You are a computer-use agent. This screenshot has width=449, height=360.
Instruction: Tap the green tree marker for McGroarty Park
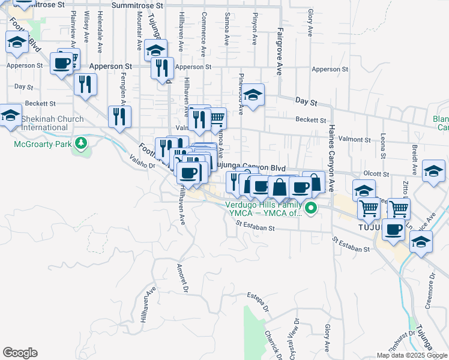[x=79, y=143]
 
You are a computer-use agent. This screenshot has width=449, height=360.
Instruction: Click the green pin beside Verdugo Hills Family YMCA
[x=310, y=208]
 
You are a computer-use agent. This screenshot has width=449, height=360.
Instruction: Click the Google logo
[x=20, y=353]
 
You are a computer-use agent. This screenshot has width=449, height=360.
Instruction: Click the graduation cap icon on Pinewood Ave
[x=253, y=95]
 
